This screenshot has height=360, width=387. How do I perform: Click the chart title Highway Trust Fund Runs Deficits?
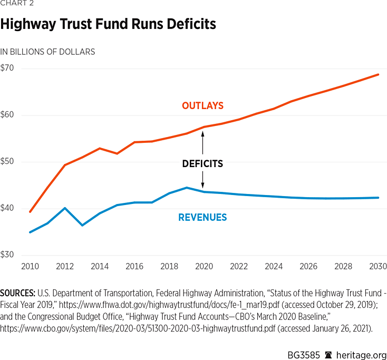click(x=108, y=24)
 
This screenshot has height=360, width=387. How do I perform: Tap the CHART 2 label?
click(x=16, y=4)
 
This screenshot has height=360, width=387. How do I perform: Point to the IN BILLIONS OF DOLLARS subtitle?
click(x=47, y=52)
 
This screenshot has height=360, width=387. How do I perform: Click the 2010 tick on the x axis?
click(x=30, y=267)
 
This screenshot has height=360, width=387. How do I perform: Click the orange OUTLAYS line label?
click(x=202, y=106)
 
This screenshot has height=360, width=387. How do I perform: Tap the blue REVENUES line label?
click(x=202, y=217)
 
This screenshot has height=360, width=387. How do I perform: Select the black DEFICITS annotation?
click(x=202, y=164)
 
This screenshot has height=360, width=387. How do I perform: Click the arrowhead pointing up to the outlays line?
click(x=202, y=133)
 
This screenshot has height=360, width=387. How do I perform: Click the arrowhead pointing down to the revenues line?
click(x=202, y=186)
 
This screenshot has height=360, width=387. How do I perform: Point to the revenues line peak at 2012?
click(x=64, y=208)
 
